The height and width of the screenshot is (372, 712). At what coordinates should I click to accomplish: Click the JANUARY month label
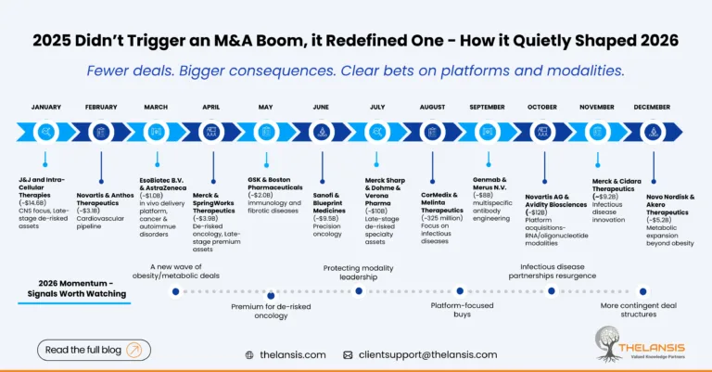click(x=46, y=107)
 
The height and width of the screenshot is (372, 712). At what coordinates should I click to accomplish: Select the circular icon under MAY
click(x=266, y=133)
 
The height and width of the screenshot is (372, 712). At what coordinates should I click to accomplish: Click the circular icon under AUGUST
click(x=432, y=133)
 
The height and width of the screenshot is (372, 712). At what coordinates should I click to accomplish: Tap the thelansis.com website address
click(x=292, y=354)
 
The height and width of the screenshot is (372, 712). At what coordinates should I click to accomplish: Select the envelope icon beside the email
click(x=348, y=354)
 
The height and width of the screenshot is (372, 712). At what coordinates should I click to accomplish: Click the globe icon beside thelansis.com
click(x=249, y=354)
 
